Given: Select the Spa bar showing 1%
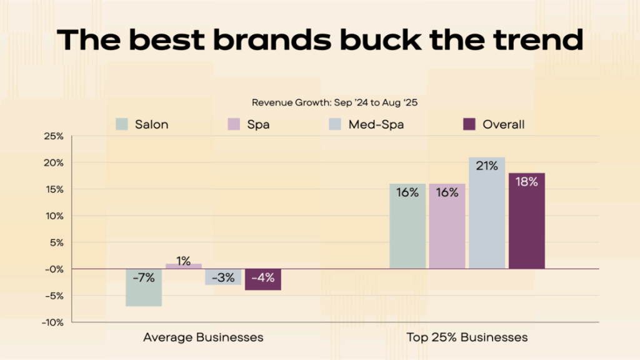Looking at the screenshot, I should tap(183, 266).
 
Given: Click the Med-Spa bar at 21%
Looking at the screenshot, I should tap(486, 212).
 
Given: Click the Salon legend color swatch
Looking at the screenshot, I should tap(122, 124).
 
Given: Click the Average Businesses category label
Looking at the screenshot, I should tap(203, 337).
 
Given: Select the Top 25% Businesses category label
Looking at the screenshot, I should tap(467, 337).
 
